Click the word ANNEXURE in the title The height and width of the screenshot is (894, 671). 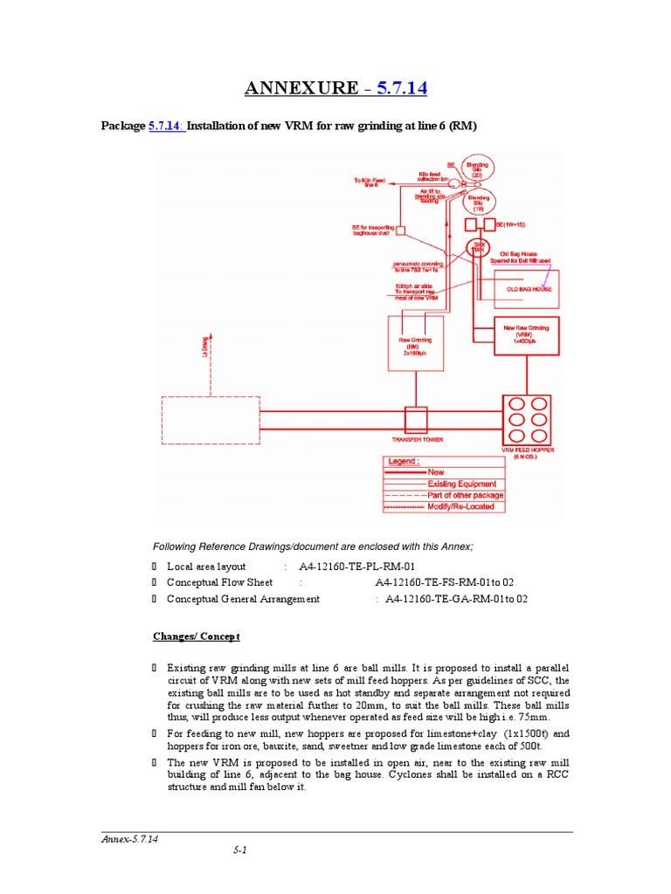301,88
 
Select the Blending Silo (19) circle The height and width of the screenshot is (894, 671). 477,203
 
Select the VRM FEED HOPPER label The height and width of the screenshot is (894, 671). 528,452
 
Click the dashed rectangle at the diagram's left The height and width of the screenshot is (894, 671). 211,422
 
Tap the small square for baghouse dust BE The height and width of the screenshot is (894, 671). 401,231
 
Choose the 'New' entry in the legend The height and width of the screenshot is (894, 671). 435,472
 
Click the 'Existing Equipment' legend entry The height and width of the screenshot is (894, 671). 461,484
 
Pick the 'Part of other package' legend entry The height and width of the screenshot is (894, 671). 465,495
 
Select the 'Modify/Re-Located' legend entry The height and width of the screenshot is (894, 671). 460,506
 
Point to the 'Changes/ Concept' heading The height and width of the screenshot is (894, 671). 197,636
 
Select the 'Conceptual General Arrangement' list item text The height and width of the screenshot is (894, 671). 243,599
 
